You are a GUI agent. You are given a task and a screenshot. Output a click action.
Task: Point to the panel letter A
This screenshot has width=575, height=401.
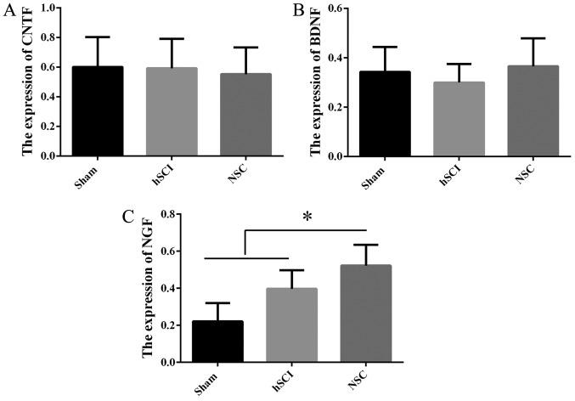pyautogui.click(x=8, y=10)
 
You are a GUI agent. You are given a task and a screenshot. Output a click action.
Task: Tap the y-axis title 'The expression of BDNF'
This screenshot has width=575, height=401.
pyautogui.click(x=314, y=82)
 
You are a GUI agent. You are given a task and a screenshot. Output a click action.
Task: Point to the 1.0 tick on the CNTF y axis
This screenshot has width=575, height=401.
pyautogui.click(x=47, y=8)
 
